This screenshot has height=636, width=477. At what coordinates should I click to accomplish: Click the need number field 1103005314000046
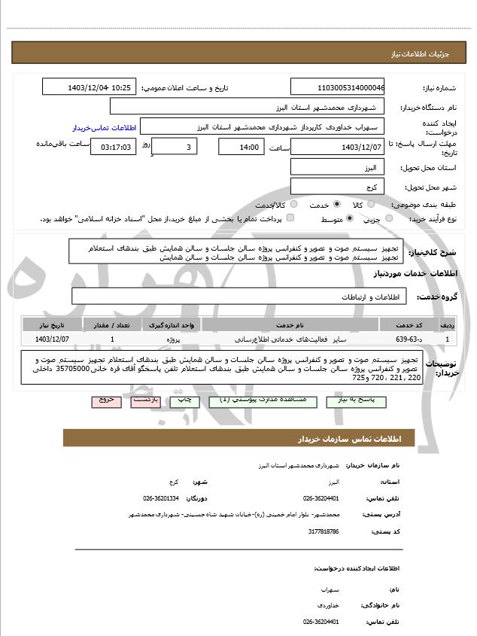click(x=337, y=87)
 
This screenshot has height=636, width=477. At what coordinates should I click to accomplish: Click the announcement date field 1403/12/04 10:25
click(x=90, y=87)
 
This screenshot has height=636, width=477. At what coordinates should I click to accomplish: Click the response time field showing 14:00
click(x=241, y=147)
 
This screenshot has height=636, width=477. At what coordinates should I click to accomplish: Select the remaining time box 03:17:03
click(x=113, y=147)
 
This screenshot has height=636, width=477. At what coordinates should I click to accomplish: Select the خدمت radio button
click(x=336, y=204)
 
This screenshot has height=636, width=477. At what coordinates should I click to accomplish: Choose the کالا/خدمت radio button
click(x=293, y=204)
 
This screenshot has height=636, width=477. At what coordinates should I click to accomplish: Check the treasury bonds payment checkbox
click(x=290, y=218)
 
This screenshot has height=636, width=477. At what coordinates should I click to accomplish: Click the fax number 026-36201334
click(x=161, y=498)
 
